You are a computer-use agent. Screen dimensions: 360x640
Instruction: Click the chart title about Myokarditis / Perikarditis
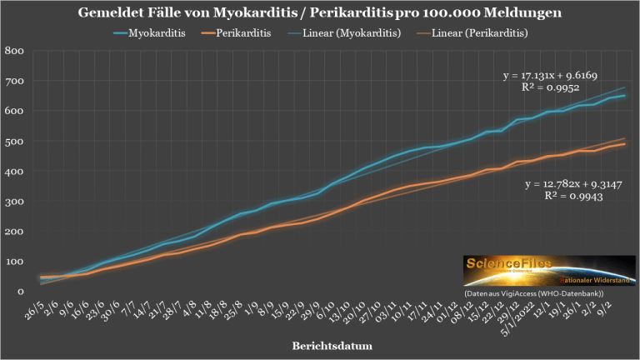[320, 14]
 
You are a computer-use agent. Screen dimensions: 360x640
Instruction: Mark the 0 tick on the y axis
[18, 292]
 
